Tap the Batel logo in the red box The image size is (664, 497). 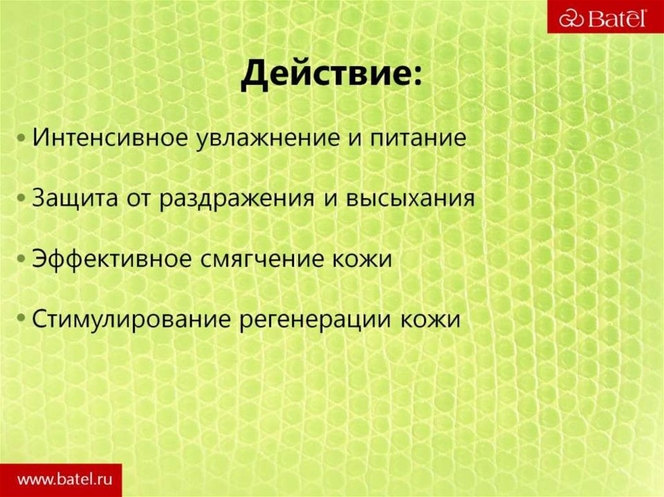604,17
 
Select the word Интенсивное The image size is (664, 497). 111,139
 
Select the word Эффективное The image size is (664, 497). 111,259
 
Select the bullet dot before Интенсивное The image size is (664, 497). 23,140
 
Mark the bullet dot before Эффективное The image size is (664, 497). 23,259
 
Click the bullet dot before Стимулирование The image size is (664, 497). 23,319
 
